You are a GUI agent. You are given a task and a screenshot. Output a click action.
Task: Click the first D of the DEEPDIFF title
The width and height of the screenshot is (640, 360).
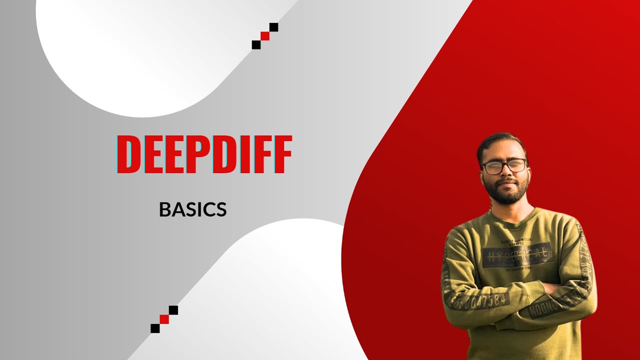pos(129,154)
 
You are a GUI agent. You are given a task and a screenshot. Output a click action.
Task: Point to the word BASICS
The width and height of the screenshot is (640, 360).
pos(192,210)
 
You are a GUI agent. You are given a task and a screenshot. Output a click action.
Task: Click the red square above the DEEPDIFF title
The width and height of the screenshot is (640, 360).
pos(265,36)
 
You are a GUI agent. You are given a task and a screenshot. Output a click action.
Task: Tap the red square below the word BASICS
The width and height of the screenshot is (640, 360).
pos(164,319)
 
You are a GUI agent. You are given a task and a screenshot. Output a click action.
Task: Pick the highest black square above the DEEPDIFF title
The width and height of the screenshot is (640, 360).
pos(273,27)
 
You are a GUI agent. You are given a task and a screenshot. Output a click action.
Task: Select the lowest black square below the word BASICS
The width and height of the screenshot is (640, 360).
pos(155,328)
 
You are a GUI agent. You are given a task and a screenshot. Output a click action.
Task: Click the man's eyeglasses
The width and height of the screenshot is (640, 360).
pos(503,166)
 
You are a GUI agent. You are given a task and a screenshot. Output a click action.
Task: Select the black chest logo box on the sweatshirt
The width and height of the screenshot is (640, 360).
pos(517,255)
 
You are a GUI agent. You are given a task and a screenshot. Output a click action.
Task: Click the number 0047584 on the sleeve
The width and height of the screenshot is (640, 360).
pos(482,301)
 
